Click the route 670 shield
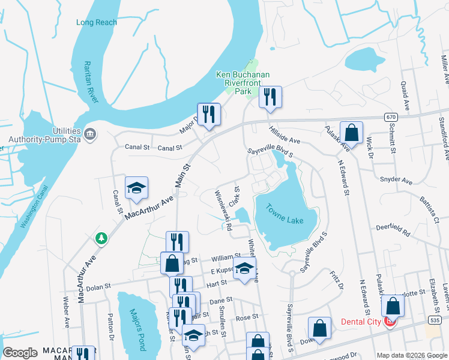[391, 116]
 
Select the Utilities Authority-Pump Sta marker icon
[90, 133]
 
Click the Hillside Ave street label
[284, 136]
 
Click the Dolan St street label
[99, 287]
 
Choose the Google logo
[20, 353]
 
